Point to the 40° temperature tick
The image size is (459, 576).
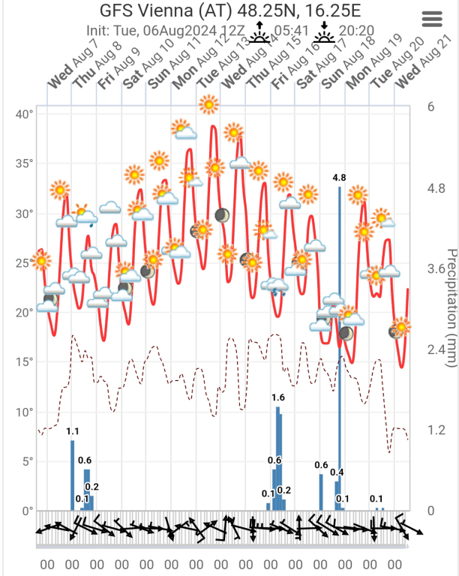(24, 114)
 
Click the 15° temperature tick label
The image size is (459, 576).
(24, 362)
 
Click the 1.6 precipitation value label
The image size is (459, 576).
(278, 397)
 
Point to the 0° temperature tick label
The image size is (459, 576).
(27, 511)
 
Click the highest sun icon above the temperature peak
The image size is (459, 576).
(208, 105)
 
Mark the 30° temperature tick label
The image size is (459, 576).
(24, 213)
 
